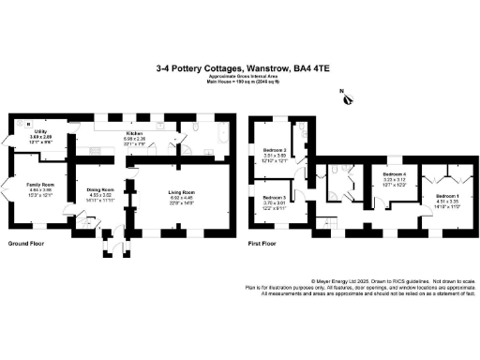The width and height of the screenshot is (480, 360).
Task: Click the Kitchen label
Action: [x=134, y=133]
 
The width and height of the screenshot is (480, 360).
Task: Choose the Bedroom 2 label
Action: [x=274, y=151]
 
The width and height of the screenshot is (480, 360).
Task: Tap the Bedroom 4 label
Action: [x=395, y=175]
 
